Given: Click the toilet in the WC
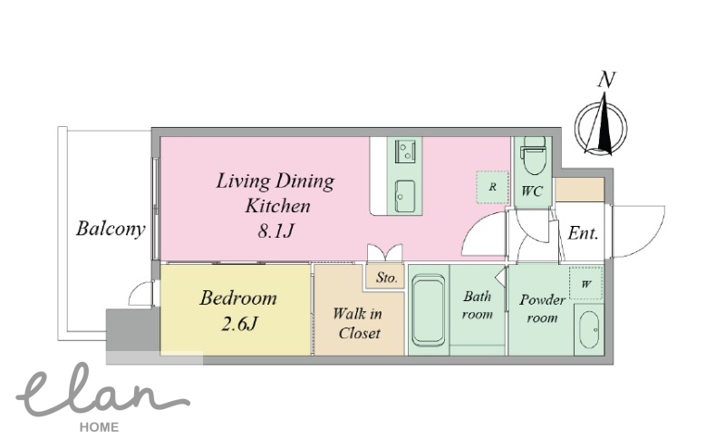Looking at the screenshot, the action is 533,155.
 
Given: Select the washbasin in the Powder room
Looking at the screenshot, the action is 588,329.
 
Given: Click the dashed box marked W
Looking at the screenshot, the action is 585,283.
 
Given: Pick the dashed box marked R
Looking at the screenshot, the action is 492,187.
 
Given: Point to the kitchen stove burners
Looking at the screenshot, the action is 405,151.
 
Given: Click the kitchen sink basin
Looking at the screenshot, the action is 405,196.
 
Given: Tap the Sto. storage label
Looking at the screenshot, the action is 387,278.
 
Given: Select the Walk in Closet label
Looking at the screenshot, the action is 358,323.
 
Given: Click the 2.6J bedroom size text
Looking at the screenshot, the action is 239,325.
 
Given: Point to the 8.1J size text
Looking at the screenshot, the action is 276,230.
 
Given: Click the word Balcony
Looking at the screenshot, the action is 111,229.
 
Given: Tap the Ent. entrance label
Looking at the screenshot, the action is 583,233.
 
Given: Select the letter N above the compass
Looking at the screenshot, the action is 606,80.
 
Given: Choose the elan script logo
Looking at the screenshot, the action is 102,392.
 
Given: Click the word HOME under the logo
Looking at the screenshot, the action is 99,427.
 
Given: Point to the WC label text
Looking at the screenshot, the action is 532,191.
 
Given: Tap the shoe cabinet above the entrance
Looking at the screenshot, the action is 579,190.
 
